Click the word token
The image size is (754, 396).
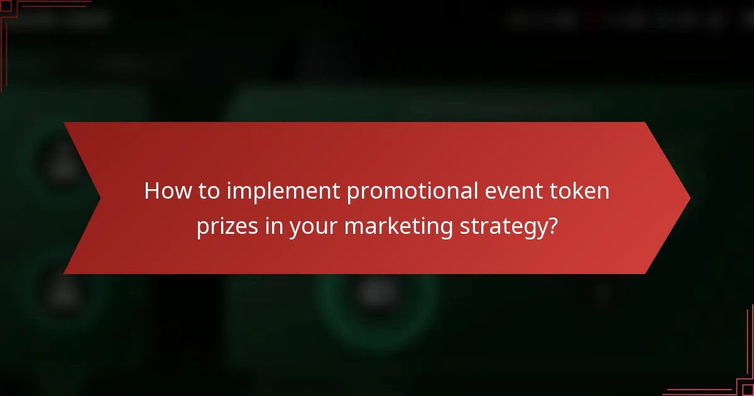[x=581, y=191]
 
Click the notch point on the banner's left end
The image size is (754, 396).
[x=101, y=198]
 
